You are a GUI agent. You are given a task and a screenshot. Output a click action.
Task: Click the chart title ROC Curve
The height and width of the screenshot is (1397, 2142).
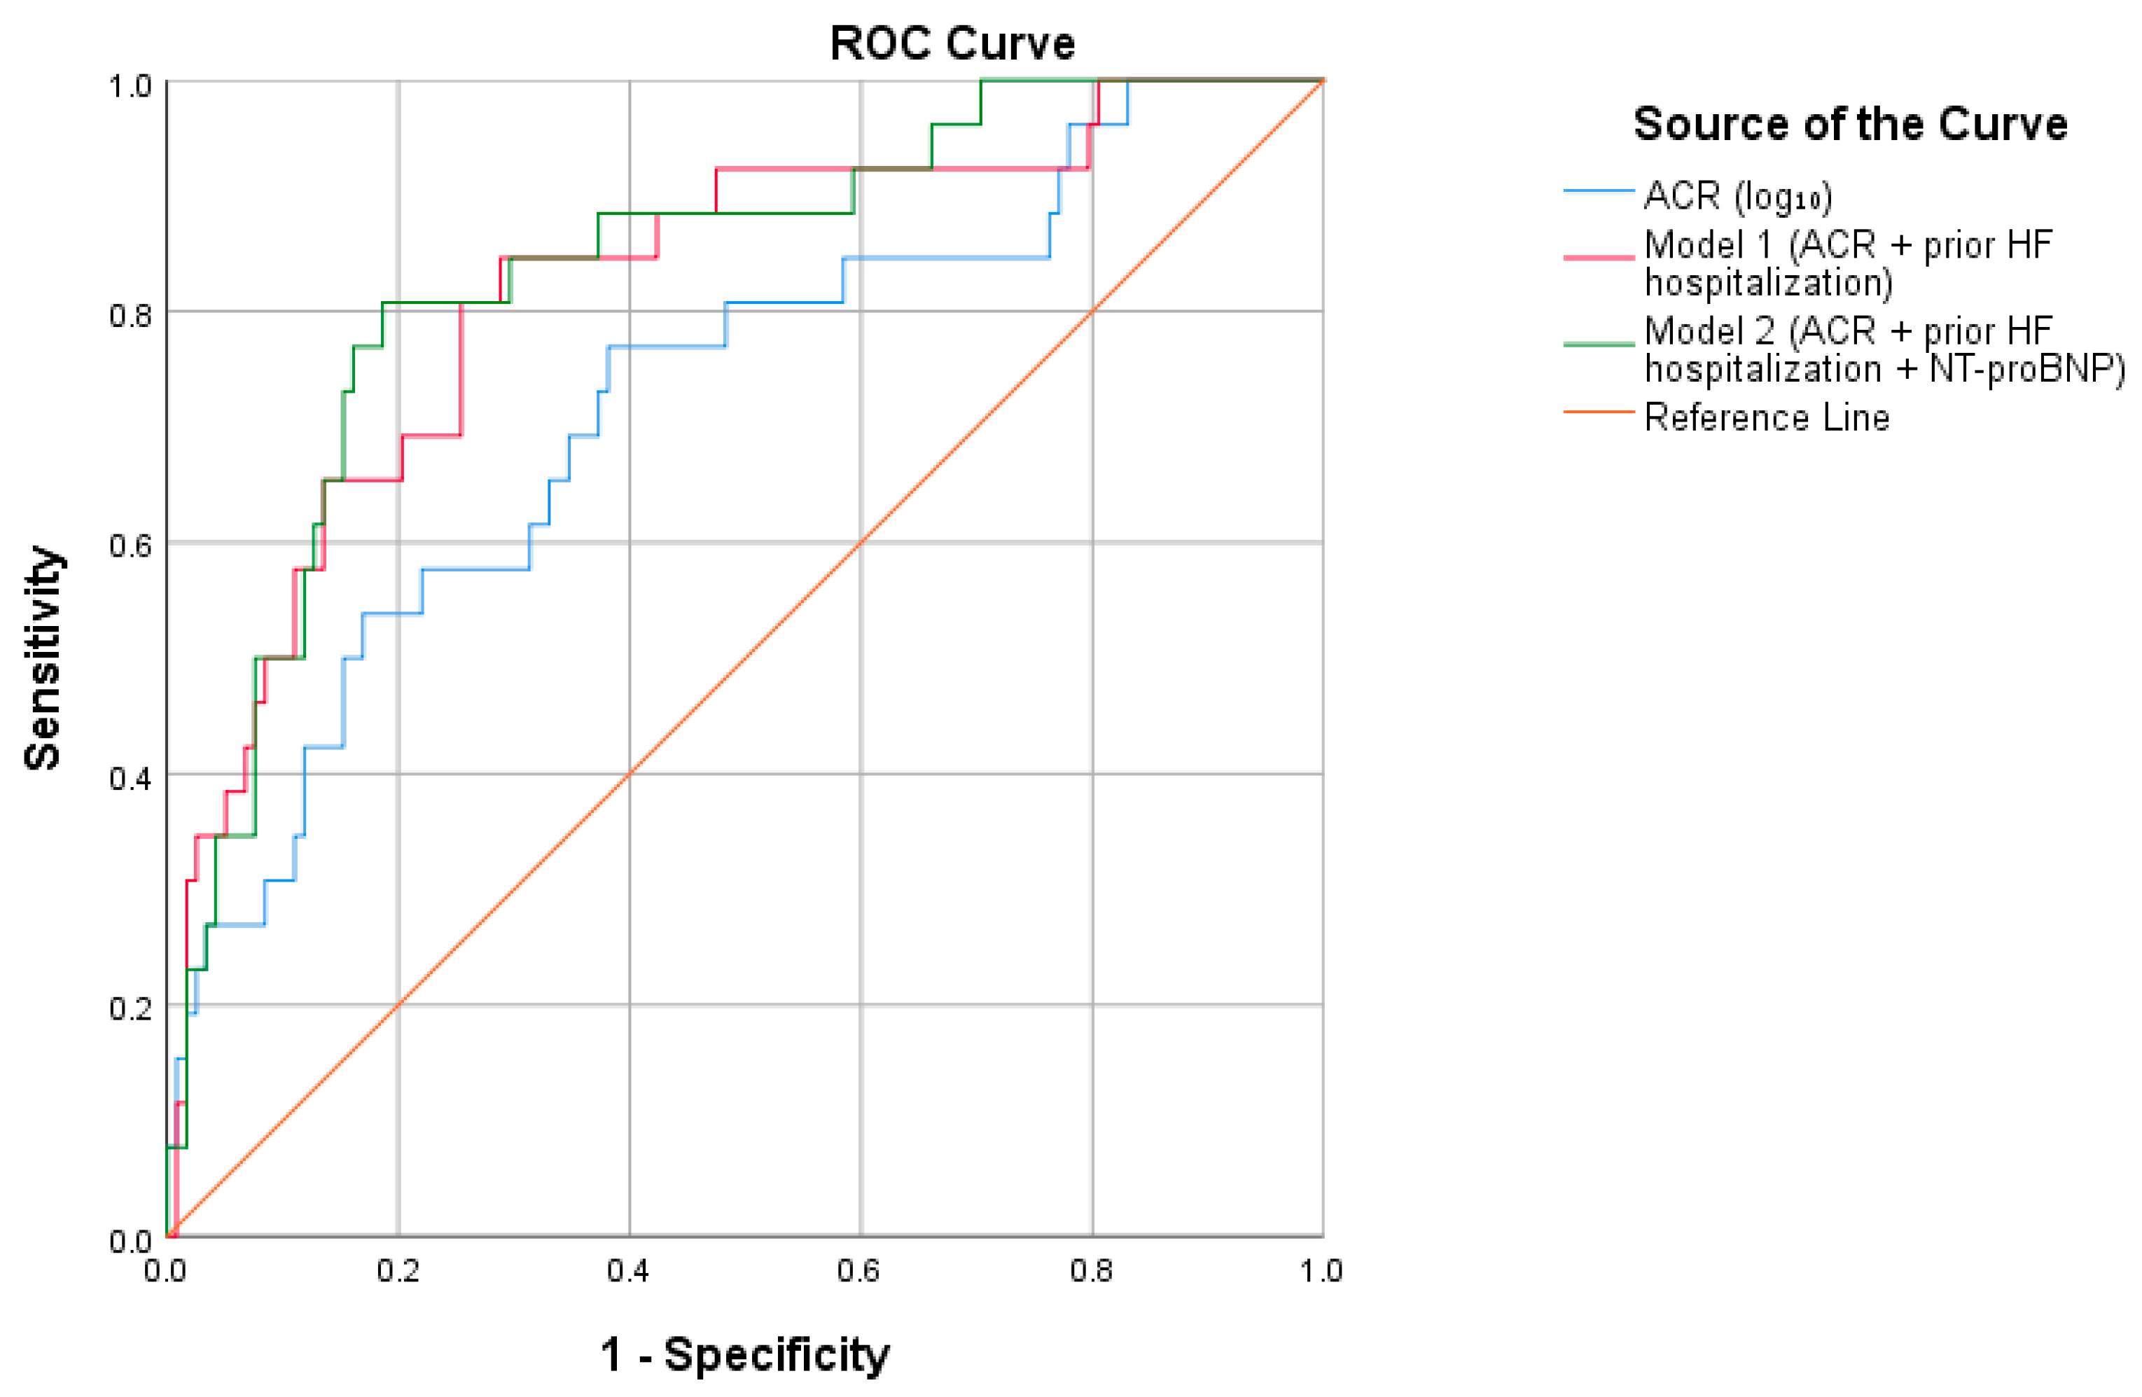(952, 43)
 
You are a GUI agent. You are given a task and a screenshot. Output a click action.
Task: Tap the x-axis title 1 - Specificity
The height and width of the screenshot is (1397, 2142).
(745, 1355)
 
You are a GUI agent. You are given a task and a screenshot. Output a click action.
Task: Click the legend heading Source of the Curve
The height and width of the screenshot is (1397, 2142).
(1851, 123)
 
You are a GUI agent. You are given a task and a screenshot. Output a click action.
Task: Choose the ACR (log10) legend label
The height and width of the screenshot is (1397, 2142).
(1738, 196)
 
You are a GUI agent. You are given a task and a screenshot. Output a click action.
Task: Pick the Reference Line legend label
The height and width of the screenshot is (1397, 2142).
(1767, 417)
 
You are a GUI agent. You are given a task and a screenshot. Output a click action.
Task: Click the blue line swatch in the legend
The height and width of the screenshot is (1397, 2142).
(1599, 191)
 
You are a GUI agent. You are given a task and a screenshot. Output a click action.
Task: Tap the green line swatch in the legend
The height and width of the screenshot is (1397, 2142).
(1599, 344)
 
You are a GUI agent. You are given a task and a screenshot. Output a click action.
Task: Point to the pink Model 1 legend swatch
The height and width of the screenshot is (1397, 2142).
(1599, 258)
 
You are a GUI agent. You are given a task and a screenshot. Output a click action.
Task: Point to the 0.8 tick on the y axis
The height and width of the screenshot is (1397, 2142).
(130, 315)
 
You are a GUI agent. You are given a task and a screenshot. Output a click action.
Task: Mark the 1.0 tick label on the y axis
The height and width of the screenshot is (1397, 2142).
(130, 86)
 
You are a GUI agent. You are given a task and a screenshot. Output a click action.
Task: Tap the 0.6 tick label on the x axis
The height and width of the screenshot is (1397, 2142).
(858, 1270)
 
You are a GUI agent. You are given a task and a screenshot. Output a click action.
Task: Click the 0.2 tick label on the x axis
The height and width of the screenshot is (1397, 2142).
(398, 1270)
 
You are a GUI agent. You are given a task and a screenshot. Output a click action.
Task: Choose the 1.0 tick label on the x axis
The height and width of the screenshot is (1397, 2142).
(1321, 1270)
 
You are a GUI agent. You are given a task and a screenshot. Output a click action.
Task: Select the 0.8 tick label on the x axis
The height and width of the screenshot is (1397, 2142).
(1091, 1270)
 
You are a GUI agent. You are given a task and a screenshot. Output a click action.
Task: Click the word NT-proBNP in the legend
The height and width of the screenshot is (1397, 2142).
(2026, 369)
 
